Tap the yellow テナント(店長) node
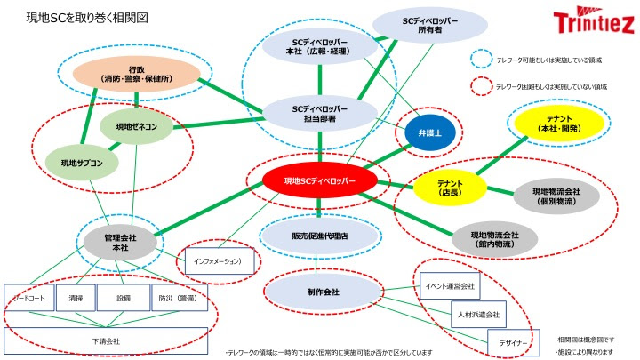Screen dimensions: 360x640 pyautogui.click(x=449, y=187)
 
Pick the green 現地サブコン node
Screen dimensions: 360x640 pyautogui.click(x=82, y=164)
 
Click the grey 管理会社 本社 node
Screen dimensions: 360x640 pyautogui.click(x=118, y=240)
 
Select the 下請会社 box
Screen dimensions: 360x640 pyautogui.click(x=106, y=340)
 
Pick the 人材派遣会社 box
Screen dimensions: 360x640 pyautogui.click(x=476, y=315)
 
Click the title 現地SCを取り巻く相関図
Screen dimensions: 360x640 pyautogui.click(x=87, y=17)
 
